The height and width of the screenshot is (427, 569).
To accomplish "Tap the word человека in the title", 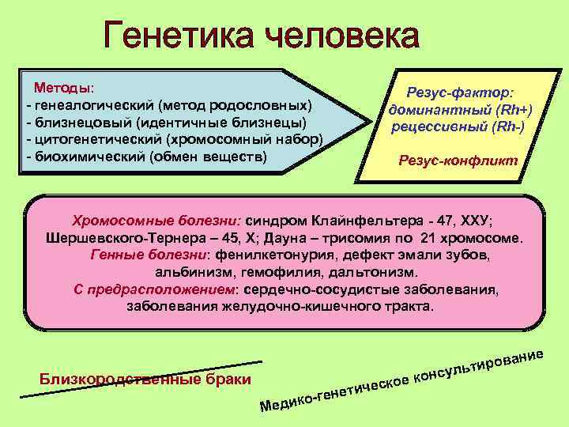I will point(343,38).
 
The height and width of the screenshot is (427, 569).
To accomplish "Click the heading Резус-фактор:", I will point(458,93).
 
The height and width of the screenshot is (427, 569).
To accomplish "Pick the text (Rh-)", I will point(507,126).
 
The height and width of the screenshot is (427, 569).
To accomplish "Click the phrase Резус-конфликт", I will point(458,160).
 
